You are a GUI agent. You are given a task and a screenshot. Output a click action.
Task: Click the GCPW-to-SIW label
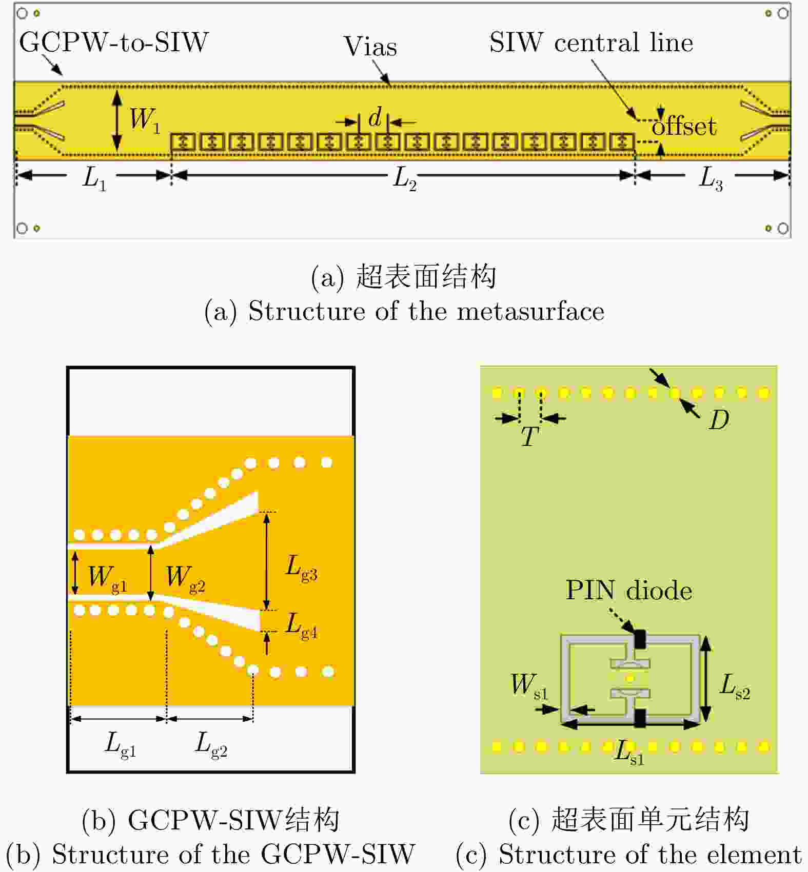coord(113,42)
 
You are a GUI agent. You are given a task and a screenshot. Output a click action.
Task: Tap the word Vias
coord(370,47)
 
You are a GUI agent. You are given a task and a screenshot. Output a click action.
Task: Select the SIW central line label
coord(591,42)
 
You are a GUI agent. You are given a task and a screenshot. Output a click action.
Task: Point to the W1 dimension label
coord(144,120)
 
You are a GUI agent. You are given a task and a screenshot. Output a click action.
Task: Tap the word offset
coord(684,126)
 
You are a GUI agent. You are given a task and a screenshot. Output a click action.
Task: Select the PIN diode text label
coord(628,591)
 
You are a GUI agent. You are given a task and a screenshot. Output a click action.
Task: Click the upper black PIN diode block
coord(640,639)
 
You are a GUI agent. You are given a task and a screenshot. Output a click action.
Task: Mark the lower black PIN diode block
coord(640,718)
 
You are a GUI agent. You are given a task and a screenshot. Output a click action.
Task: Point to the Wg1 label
coord(107,578)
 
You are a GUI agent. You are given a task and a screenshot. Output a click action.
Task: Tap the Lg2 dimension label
coord(211,744)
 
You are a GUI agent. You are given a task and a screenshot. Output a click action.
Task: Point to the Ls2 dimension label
coord(735,686)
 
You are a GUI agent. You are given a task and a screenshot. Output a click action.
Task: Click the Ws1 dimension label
coord(529,686)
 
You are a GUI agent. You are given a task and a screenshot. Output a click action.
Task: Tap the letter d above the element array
coord(375,117)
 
